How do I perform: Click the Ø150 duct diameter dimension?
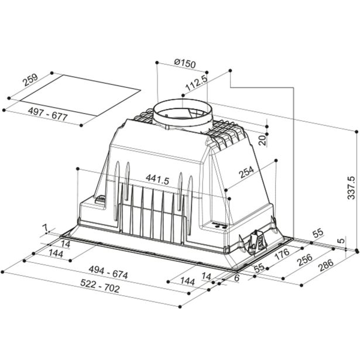[184, 63]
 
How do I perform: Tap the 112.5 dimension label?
[197, 83]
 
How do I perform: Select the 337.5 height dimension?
[351, 188]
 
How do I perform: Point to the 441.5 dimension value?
[157, 179]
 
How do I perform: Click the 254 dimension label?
[246, 172]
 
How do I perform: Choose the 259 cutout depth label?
[30, 80]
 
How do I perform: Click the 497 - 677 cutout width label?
[48, 114]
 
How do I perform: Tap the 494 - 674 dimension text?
[108, 272]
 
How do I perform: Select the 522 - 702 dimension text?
[100, 286]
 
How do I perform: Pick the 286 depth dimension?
[326, 265]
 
